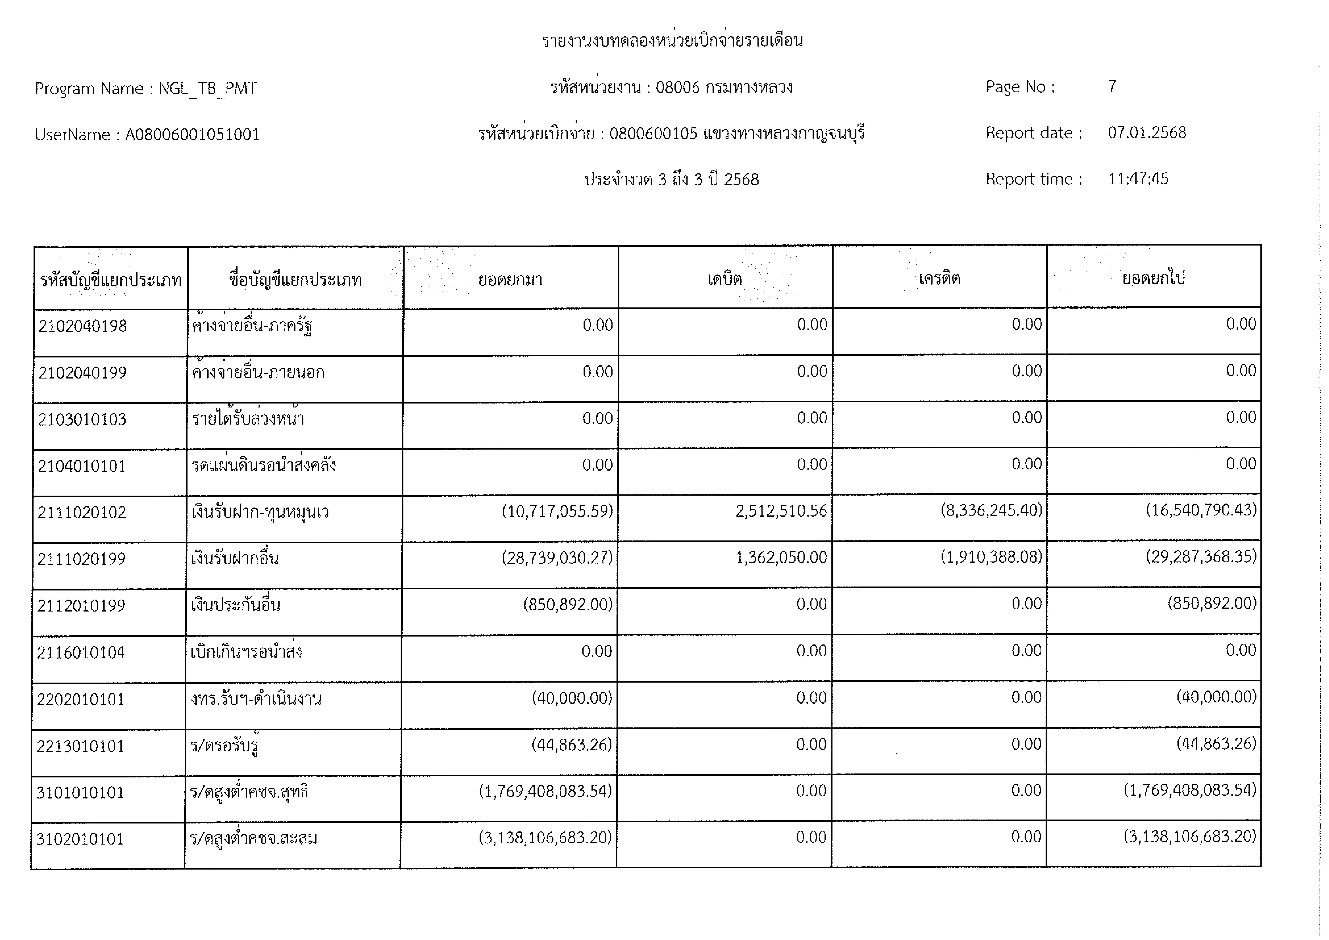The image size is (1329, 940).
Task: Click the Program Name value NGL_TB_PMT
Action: click(x=208, y=88)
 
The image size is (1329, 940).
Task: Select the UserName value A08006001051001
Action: click(x=192, y=135)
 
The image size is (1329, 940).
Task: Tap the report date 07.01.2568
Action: click(x=1147, y=133)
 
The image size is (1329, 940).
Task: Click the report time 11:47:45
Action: click(x=1138, y=179)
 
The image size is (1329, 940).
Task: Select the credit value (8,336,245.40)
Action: click(x=991, y=511)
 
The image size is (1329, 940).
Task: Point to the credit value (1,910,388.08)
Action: click(x=991, y=557)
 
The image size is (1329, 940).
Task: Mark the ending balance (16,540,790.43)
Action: click(x=1201, y=510)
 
